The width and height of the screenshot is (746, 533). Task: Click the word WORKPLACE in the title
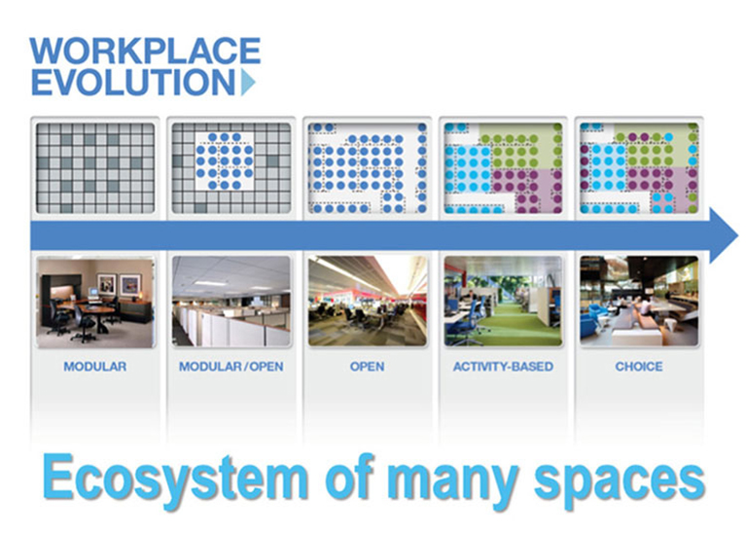click(x=145, y=51)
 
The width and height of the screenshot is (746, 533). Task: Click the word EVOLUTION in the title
click(x=132, y=82)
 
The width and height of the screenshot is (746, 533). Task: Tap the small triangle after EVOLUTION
click(x=248, y=83)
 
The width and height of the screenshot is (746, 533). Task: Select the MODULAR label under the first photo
click(x=94, y=367)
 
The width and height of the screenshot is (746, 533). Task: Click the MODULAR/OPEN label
click(x=230, y=367)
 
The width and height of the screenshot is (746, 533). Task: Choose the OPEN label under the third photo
click(x=367, y=367)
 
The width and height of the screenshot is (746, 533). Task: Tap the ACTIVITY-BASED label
click(x=503, y=367)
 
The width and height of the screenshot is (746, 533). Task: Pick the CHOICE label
click(x=639, y=367)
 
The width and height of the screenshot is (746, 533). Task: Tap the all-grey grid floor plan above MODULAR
click(x=94, y=167)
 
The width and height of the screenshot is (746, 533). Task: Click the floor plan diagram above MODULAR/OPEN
click(x=231, y=167)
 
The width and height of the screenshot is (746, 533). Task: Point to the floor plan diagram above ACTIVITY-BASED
click(x=503, y=167)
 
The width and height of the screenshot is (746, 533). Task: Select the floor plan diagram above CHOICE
click(x=639, y=167)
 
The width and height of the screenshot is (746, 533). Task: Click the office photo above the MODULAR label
click(x=94, y=302)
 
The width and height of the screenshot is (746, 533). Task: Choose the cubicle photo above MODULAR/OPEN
click(x=231, y=302)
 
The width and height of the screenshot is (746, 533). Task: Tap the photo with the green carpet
click(x=503, y=302)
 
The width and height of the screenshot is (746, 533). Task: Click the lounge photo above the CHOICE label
click(x=639, y=302)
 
